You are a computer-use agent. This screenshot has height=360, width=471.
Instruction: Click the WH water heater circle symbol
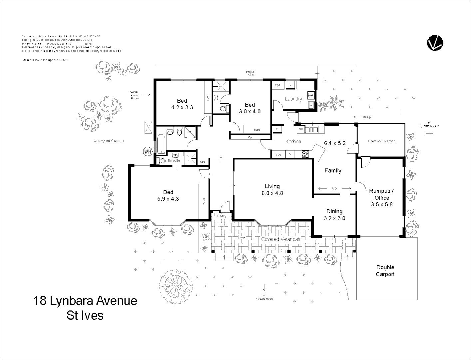click(147, 151)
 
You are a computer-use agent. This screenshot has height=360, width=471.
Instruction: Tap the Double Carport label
click(385, 271)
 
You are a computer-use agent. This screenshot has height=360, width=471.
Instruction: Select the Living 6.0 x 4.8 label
click(272, 190)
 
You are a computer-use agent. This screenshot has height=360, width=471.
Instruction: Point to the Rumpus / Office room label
click(382, 197)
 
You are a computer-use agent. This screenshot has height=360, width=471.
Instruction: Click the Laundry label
click(293, 99)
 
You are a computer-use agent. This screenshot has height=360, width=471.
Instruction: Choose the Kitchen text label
click(293, 141)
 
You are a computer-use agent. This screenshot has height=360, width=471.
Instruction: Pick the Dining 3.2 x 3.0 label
click(334, 215)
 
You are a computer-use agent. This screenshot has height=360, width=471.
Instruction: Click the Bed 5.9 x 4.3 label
click(168, 195)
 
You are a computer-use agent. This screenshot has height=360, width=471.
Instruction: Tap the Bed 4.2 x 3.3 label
click(182, 104)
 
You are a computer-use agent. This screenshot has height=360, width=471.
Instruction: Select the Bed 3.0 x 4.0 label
click(250, 108)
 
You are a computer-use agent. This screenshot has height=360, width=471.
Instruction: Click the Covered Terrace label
click(382, 141)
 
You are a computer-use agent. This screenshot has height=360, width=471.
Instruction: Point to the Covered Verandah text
click(280, 239)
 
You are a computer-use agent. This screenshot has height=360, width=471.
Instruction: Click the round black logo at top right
click(435, 43)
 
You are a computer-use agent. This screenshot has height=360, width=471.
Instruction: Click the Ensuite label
click(174, 161)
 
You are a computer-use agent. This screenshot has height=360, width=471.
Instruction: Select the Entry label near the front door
click(222, 216)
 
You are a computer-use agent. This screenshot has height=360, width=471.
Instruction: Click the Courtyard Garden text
click(109, 141)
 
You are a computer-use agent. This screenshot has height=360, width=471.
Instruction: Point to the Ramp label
click(367, 117)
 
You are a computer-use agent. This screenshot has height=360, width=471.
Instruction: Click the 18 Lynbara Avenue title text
click(85, 301)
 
